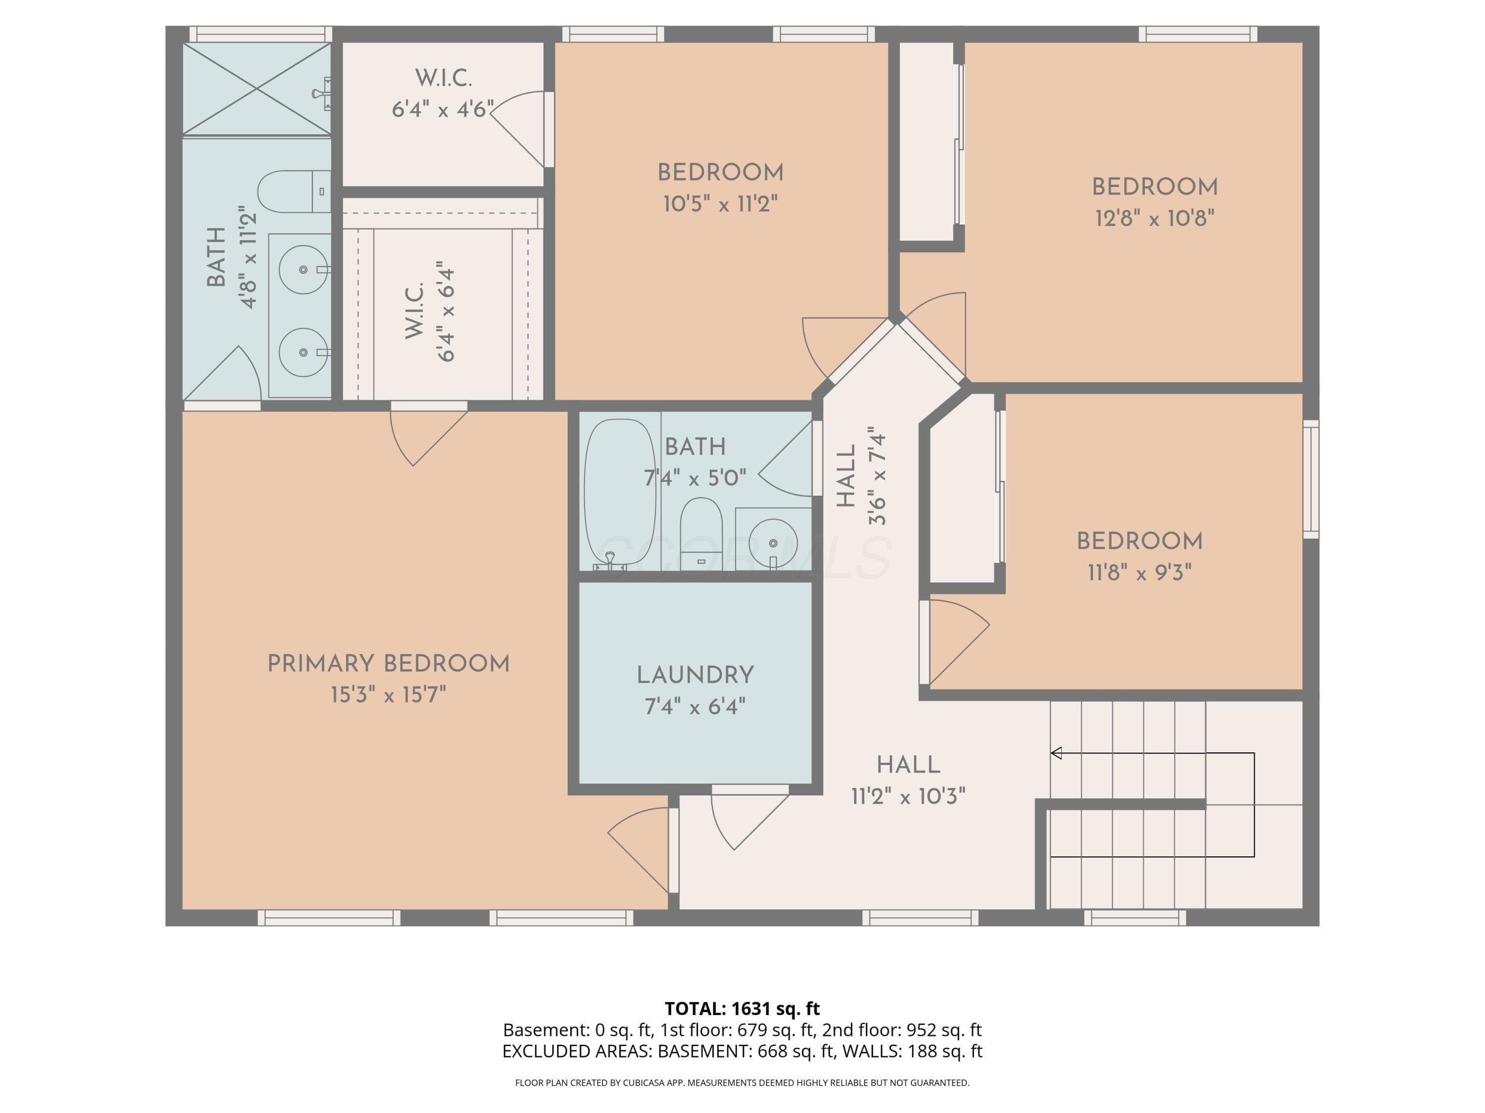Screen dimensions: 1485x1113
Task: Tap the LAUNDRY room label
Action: (695, 675)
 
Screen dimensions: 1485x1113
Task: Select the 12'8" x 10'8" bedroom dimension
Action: (1155, 218)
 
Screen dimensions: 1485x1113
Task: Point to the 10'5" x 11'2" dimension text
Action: (720, 203)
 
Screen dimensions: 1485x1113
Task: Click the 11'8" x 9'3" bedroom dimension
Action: (1139, 572)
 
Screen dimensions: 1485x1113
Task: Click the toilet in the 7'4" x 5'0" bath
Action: (701, 533)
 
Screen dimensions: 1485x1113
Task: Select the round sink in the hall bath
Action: (773, 541)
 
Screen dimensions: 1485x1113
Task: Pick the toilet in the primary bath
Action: (294, 191)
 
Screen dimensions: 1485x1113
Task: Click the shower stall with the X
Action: (257, 89)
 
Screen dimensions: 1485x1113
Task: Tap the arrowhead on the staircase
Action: (1056, 753)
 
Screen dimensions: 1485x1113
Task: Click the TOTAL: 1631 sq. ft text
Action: (742, 1008)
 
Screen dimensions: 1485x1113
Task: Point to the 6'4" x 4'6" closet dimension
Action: (443, 109)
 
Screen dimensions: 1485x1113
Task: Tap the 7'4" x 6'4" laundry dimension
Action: (695, 706)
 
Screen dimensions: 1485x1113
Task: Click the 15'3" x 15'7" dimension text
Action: (388, 695)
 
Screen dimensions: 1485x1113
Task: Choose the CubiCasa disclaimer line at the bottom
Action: (742, 1083)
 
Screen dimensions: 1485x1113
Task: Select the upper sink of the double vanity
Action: (303, 269)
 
